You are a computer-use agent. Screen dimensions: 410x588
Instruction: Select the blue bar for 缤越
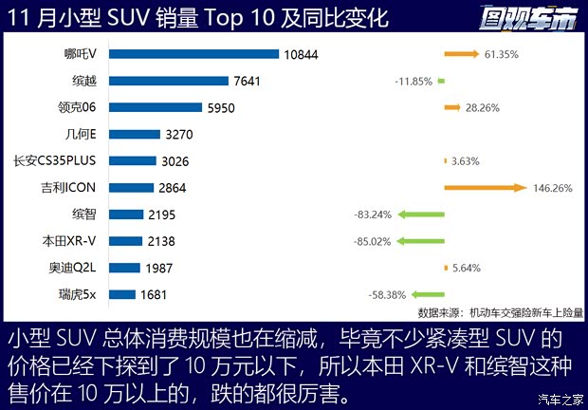172,81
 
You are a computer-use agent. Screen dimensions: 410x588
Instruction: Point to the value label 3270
180,135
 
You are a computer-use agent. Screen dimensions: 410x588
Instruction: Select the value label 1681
154,295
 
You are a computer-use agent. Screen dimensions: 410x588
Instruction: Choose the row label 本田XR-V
82,241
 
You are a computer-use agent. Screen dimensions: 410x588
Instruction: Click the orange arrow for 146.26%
484,188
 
